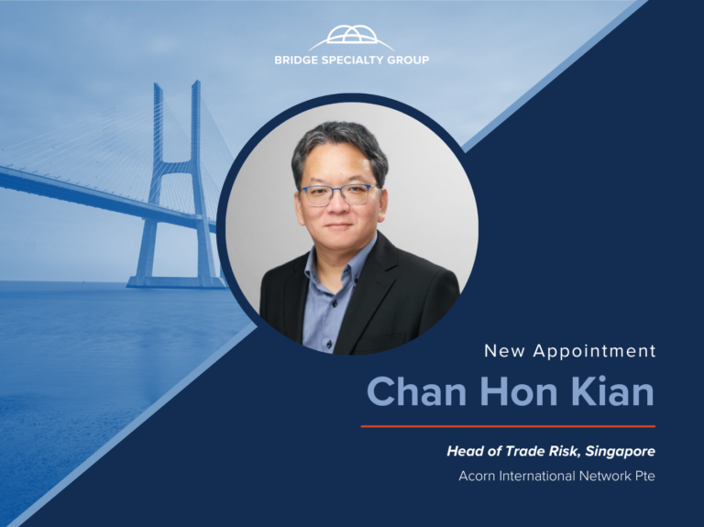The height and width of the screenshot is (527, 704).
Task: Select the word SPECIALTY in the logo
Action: click(x=353, y=60)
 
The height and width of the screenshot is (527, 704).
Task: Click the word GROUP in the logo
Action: click(x=408, y=60)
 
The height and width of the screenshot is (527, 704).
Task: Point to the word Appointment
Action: click(x=594, y=351)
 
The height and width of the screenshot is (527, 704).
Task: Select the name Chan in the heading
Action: click(x=417, y=391)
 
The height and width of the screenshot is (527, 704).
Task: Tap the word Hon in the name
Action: click(x=519, y=391)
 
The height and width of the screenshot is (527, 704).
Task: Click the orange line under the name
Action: click(x=508, y=426)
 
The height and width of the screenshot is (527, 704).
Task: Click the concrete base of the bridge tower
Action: click(x=176, y=282)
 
